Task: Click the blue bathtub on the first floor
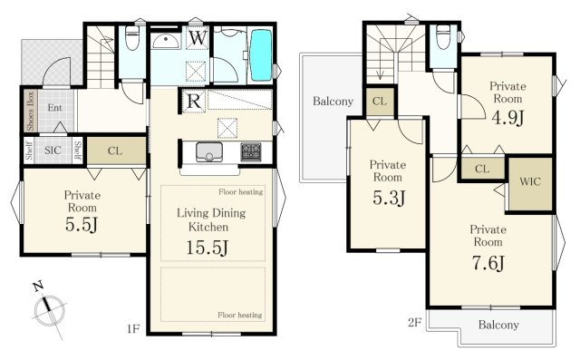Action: click(x=261, y=54)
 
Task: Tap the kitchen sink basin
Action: click(x=209, y=151)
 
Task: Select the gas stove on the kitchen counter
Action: click(x=251, y=151)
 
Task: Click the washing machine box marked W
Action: click(x=198, y=38)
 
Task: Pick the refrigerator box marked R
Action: click(x=194, y=101)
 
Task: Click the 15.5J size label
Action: click(x=207, y=248)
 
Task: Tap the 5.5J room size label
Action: click(x=82, y=224)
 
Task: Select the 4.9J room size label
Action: click(x=507, y=117)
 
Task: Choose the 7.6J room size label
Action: click(x=488, y=263)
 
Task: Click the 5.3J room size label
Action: click(x=389, y=198)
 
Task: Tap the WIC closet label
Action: click(x=530, y=181)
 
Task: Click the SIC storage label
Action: click(x=53, y=151)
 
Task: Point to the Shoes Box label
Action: click(x=31, y=111)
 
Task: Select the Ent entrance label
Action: click(x=54, y=108)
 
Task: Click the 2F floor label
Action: click(x=415, y=323)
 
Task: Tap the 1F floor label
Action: click(x=133, y=328)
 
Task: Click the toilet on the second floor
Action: click(x=443, y=37)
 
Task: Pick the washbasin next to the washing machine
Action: click(x=167, y=41)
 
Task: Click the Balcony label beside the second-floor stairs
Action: click(x=333, y=101)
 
